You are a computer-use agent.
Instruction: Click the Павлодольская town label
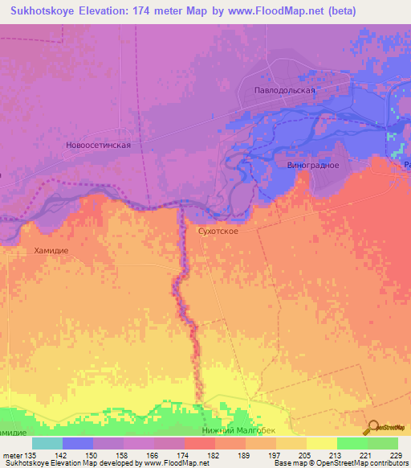tap(291, 91)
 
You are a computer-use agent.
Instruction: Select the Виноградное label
tap(312, 165)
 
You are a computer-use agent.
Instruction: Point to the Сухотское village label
tap(218, 230)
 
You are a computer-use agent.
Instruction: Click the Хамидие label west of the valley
tap(52, 251)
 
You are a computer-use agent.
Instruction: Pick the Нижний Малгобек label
tap(239, 430)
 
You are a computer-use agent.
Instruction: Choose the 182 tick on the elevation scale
tap(214, 455)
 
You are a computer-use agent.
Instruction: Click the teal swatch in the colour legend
tap(47, 444)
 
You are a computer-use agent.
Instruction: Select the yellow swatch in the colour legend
tap(321, 444)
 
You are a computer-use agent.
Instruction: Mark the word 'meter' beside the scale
tap(11, 455)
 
